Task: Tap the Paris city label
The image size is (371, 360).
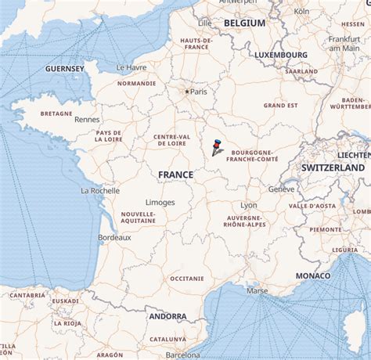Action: coord(199,92)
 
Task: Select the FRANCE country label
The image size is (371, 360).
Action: coord(175,175)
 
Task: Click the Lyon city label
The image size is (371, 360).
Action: coord(249,205)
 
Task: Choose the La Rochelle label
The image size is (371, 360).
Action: coord(100,190)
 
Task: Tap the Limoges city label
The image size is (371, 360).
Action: coord(160,202)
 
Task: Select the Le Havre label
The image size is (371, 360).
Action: coord(131,67)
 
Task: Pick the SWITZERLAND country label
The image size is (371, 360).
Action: coord(333,167)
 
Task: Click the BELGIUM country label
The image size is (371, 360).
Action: coord(244,23)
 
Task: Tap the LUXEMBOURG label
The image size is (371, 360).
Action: coord(280,55)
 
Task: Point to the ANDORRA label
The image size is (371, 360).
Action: coord(167,316)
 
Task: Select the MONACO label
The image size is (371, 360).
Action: coord(312,276)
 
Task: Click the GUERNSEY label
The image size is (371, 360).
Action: coord(65,69)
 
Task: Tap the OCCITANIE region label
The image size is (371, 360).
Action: coord(186,278)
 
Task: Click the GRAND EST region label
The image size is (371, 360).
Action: coord(280,105)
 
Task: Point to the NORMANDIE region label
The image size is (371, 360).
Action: coord(136,83)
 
